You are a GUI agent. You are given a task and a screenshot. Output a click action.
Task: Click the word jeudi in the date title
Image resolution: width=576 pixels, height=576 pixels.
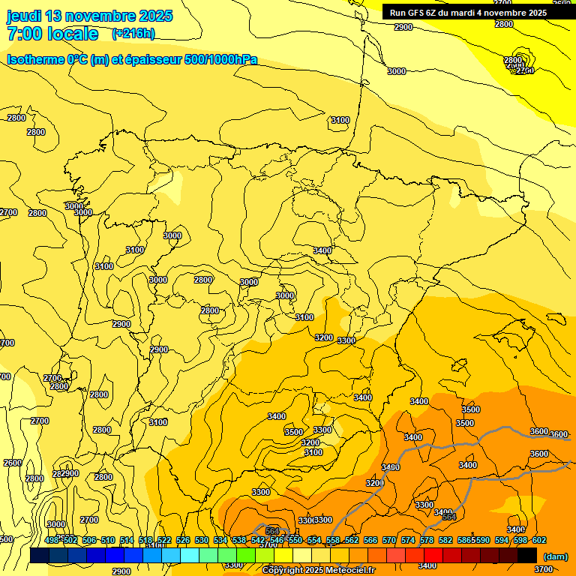tap(25, 16)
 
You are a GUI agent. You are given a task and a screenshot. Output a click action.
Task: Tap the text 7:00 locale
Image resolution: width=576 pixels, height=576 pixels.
tap(52, 34)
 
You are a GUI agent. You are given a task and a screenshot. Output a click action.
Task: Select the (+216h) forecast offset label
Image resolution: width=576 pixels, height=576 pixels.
tap(133, 34)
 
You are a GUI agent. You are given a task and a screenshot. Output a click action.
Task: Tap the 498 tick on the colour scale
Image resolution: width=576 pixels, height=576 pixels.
tap(52, 540)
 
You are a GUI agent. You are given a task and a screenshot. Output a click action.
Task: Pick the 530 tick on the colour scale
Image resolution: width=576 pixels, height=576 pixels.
tap(202, 540)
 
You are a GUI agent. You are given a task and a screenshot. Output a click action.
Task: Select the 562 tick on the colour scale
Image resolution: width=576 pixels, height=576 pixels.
tap(352, 540)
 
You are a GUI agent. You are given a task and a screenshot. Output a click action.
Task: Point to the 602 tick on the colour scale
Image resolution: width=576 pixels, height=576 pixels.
tap(538, 540)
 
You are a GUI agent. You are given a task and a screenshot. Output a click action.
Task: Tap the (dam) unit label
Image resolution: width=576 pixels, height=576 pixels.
tap(555, 556)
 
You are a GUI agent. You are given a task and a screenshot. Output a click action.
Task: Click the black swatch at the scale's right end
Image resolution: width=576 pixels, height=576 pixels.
tap(527, 555)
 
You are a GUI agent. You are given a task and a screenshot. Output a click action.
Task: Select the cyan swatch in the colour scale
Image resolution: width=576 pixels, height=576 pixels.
tap(190, 555)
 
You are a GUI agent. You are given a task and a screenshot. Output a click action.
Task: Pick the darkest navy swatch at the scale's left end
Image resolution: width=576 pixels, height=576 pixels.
tap(40, 555)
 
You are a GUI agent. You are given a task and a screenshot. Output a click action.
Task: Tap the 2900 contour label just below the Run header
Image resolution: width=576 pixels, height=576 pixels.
tap(403, 27)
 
